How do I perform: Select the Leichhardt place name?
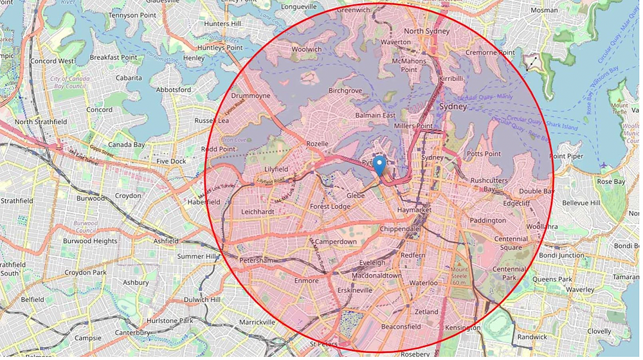click(257, 211)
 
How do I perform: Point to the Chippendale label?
click(399, 229)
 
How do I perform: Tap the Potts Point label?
click(484, 154)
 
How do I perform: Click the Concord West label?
click(53, 61)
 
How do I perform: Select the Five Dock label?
click(171, 161)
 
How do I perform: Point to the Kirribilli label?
click(451, 78)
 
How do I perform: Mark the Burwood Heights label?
click(90, 241)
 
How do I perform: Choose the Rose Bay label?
click(610, 182)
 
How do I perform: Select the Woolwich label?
click(306, 50)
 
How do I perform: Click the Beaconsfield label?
click(400, 327)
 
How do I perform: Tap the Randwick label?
click(532, 337)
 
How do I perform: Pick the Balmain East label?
click(376, 116)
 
